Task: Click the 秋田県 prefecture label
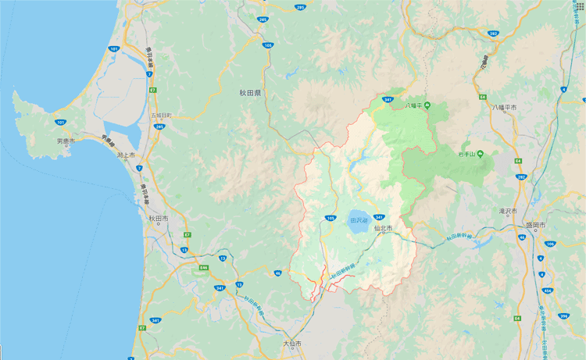click(250, 93)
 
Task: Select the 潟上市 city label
click(126, 155)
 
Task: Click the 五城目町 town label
click(160, 116)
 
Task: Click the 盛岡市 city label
click(535, 225)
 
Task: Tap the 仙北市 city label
click(383, 228)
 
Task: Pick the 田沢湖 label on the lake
click(359, 219)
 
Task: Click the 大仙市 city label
click(291, 344)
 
